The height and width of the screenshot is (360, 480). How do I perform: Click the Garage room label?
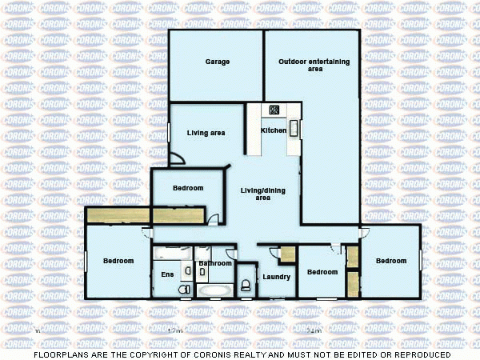(x=218, y=62)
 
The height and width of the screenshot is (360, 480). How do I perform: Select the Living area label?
(x=206, y=133)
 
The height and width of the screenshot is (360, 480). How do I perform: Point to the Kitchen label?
(x=274, y=130)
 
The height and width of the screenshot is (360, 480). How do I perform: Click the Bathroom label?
(x=215, y=263)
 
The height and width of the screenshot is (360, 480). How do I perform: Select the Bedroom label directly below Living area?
(x=188, y=188)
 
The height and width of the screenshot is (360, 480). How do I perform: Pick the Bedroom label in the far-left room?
(x=118, y=261)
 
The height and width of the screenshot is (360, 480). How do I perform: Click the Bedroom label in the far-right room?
(x=391, y=261)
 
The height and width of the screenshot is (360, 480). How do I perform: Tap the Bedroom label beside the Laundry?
(x=322, y=272)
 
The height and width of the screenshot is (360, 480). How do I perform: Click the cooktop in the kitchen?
(x=274, y=110)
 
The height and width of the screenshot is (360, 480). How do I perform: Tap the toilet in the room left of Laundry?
(x=245, y=285)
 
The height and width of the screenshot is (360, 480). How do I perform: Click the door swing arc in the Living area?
(x=177, y=159)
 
